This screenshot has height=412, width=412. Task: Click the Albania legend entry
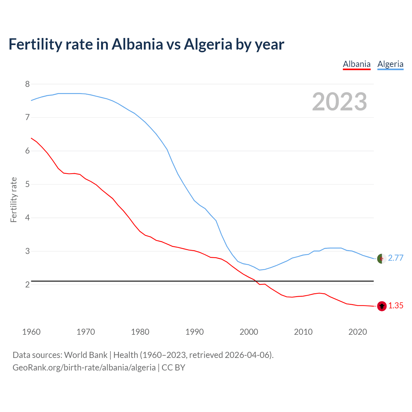coord(357,64)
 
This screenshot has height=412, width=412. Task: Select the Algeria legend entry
coord(390,64)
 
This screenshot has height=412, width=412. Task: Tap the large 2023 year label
coord(339,102)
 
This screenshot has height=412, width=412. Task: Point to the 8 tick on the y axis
coord(27,84)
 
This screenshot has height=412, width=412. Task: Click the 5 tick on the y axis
coord(27,184)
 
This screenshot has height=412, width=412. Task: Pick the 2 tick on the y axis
coord(27,285)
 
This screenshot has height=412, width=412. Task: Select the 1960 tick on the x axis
coord(31,332)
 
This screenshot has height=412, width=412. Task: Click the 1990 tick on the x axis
coord(194,332)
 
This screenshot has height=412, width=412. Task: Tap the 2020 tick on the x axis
coord(358,332)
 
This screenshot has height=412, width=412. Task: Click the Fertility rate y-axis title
coord(14,200)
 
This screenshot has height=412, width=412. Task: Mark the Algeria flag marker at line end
coord(382,258)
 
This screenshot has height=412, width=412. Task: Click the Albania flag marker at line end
coord(382,306)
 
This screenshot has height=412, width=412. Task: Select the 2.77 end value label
coord(396,258)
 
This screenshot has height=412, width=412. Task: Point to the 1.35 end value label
coord(396,306)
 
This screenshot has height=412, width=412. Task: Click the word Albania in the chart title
coord(137,44)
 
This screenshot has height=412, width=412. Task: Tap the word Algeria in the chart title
coord(208,44)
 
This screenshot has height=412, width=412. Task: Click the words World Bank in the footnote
coord(86,355)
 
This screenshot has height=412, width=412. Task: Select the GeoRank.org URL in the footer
coord(84,368)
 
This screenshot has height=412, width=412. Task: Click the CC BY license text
coord(173,368)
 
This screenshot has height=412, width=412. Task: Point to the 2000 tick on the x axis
coord(249,332)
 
